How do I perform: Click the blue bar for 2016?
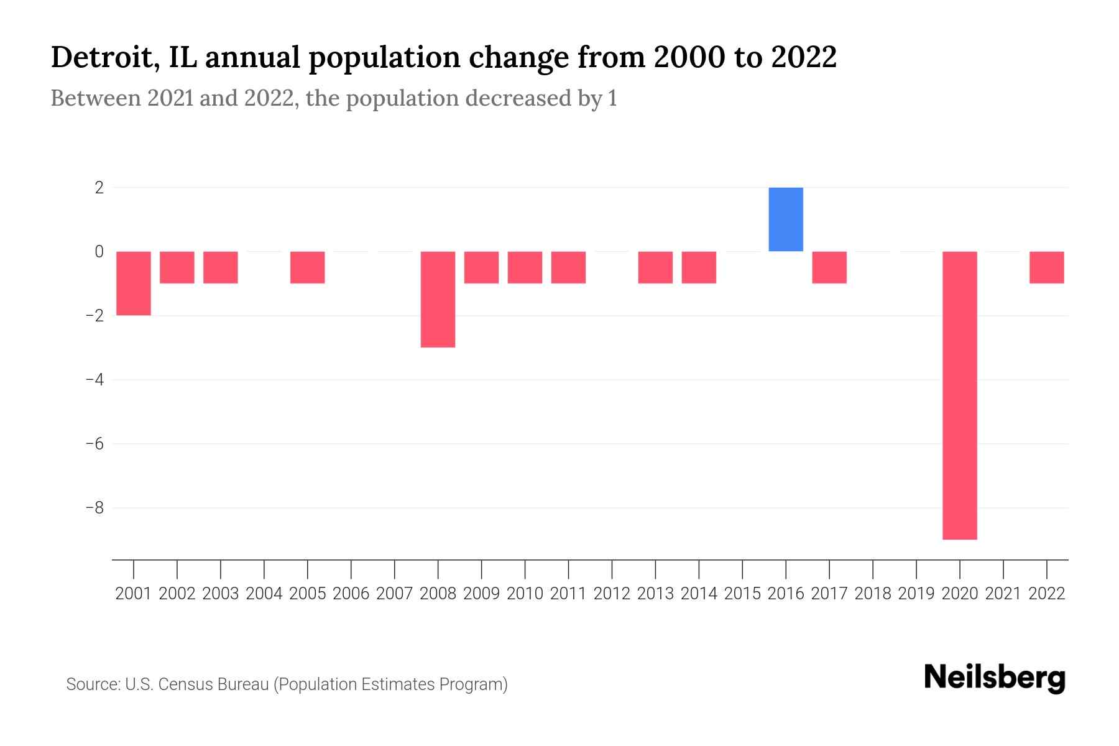(786, 219)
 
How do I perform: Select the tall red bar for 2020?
(960, 395)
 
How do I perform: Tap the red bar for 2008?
(438, 299)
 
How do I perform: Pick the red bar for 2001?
(134, 283)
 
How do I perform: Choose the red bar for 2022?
(1047, 267)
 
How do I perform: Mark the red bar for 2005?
(308, 267)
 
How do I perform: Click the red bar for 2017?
(829, 267)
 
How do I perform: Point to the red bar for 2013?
(655, 267)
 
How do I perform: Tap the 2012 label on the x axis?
(612, 594)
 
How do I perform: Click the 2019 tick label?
(916, 594)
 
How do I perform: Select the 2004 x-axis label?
(264, 594)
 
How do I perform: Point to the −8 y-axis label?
(94, 508)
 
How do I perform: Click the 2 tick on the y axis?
(99, 187)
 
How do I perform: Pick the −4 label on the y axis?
(94, 379)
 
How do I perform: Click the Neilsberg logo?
(995, 678)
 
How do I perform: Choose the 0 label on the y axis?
(99, 251)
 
